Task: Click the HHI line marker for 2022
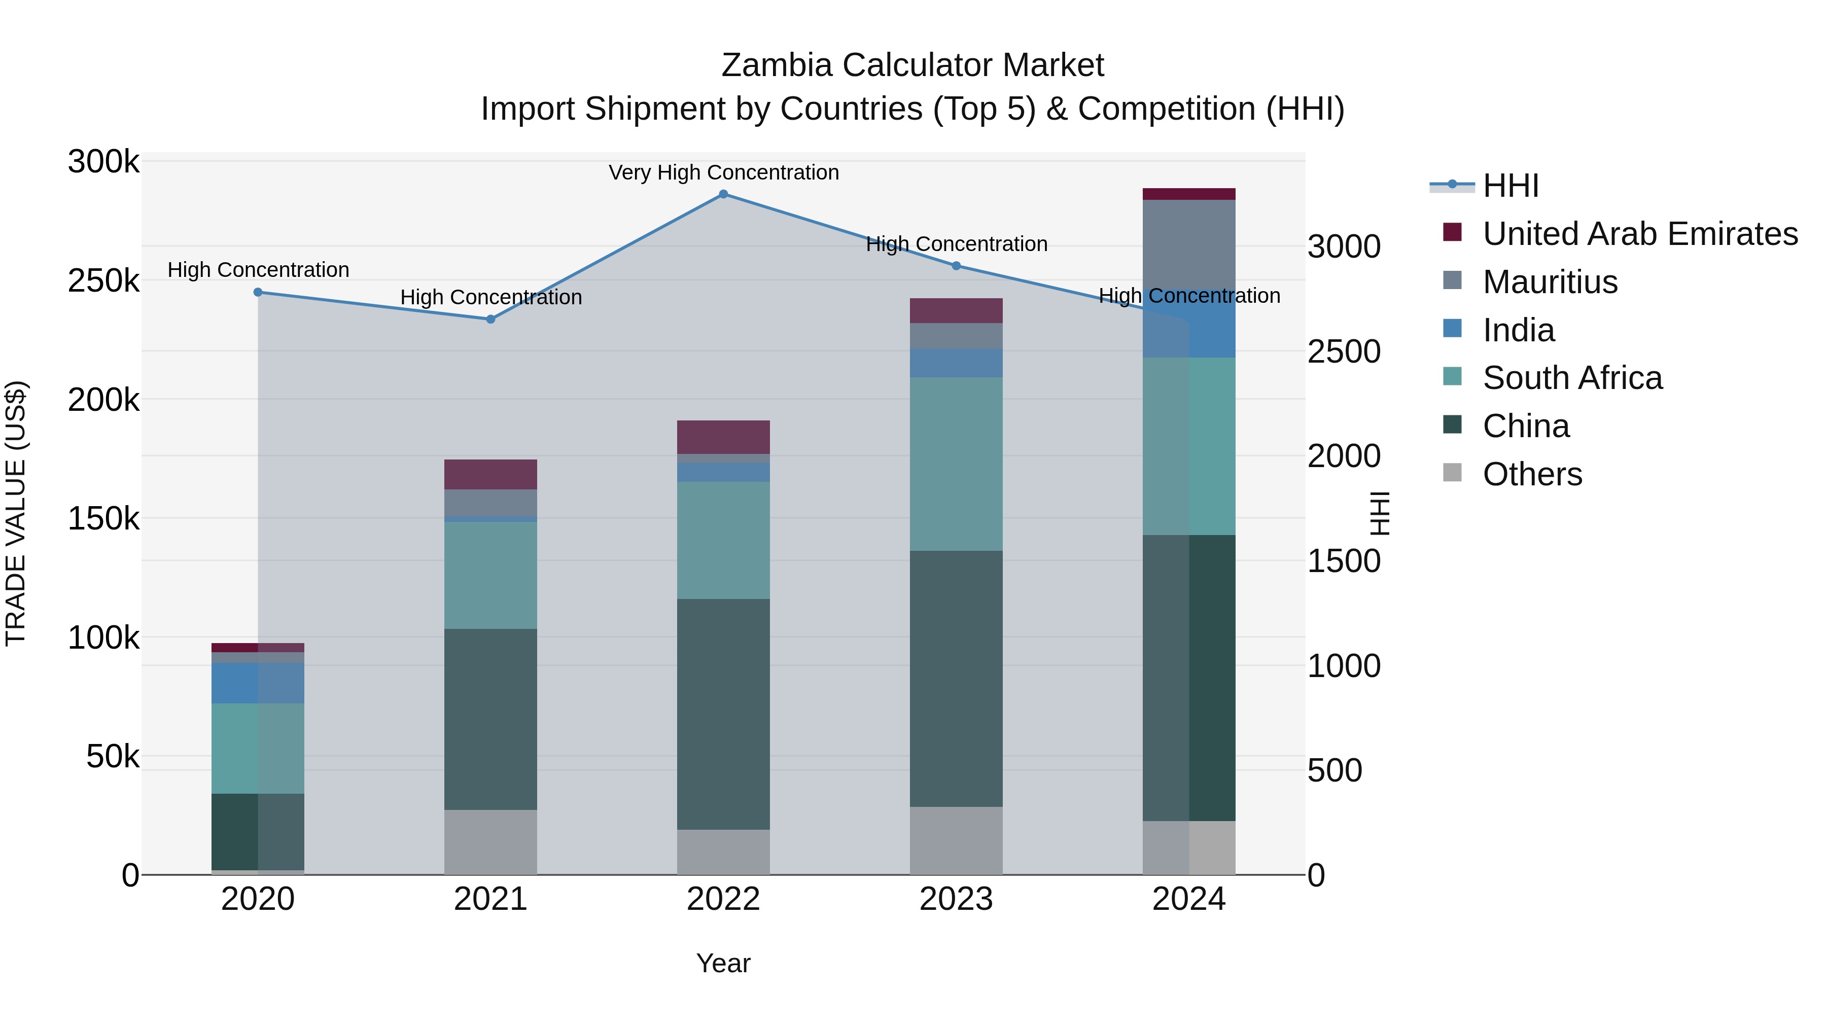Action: coord(723,194)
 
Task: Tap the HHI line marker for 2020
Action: coord(258,292)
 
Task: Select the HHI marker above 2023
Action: coord(956,266)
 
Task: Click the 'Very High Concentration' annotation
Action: coord(723,173)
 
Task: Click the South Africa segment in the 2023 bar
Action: coord(956,464)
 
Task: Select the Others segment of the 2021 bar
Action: coord(490,842)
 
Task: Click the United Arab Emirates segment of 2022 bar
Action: coord(723,437)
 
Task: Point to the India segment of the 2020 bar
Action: coord(258,683)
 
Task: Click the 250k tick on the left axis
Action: coord(103,281)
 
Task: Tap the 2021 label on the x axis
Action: coord(490,899)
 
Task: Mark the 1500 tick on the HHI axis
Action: coord(1343,561)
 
